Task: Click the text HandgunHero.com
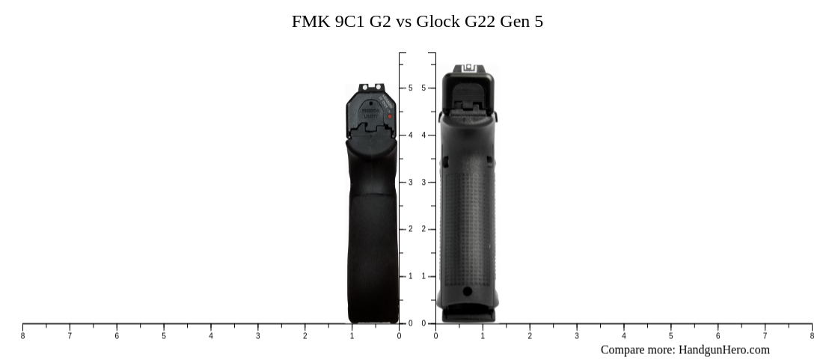point(724,350)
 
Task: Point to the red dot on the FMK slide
point(390,117)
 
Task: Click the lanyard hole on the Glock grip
point(468,291)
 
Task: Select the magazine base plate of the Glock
point(468,314)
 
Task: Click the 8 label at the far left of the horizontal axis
point(22,336)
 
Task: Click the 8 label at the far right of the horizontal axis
point(812,336)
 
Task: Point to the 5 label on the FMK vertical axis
point(410,88)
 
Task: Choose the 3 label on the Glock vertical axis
point(423,183)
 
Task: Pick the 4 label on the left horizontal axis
point(211,336)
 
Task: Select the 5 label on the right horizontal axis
point(670,336)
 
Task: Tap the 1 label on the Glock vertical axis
point(423,277)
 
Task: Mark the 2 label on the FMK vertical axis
point(410,230)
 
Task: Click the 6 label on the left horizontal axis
point(117,336)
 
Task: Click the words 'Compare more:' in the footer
point(638,350)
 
